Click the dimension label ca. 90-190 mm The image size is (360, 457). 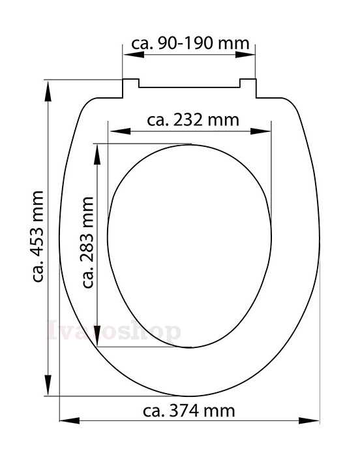tap(190, 44)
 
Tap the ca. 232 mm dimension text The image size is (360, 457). tap(193, 119)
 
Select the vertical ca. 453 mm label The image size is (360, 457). tap(38, 236)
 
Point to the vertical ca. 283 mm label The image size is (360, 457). tap(87, 242)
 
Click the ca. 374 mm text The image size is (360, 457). tap(188, 411)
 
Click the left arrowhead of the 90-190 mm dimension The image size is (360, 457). tap(134, 54)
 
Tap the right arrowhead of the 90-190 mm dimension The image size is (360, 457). tap(245, 54)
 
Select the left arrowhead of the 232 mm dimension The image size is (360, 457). tap(120, 131)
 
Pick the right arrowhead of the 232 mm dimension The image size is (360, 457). tap(260, 131)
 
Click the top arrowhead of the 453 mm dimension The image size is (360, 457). tap(48, 91)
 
